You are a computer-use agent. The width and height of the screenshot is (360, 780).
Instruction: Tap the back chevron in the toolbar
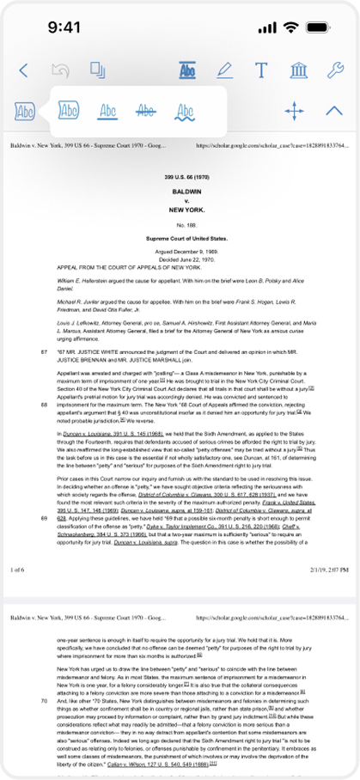(23, 71)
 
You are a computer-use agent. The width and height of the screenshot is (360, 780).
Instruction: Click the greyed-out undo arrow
(60, 71)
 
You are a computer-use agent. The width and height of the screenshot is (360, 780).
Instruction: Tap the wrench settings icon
(335, 71)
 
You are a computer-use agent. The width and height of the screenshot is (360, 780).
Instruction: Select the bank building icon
(299, 71)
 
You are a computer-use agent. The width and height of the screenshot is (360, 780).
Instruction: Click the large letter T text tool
(261, 71)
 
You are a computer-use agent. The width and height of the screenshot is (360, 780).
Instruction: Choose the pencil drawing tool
(224, 71)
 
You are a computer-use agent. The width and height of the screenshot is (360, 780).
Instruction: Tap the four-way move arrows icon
(294, 110)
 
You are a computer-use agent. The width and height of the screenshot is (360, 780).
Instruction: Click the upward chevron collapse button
(335, 110)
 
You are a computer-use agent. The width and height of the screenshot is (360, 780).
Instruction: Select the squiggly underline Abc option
(185, 110)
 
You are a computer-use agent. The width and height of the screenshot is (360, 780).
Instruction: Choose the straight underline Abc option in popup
(108, 110)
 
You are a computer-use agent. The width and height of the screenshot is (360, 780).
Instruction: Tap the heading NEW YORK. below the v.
(180, 210)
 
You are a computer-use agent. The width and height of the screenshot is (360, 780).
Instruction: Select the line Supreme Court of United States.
(180, 237)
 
